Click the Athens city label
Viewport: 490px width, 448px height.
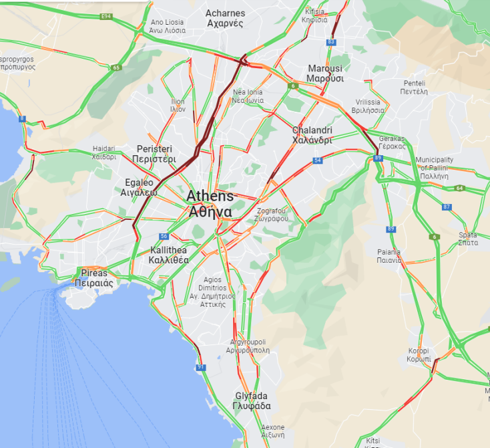210,204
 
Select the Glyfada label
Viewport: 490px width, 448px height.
252,401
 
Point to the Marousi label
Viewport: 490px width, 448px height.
325,74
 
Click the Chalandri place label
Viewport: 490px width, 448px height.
312,135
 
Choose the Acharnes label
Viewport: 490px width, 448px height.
225,18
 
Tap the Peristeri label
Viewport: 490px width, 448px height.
154,154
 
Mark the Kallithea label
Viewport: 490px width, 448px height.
168,255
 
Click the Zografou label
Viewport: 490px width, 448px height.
272,215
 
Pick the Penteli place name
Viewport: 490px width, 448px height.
414,88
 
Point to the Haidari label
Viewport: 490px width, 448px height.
104,153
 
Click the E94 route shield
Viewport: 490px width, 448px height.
105,15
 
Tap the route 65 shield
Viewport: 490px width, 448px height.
116,68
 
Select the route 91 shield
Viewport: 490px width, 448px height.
201,367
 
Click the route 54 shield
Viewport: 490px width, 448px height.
318,160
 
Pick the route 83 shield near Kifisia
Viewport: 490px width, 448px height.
330,41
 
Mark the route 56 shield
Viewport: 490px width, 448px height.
164,237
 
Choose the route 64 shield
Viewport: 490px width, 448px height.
459,188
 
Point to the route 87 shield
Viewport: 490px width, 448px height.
447,207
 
